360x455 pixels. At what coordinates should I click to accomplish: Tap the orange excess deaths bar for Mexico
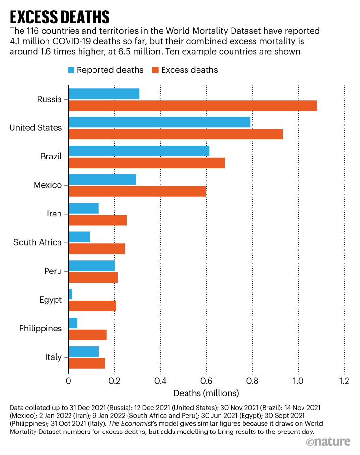point(137,191)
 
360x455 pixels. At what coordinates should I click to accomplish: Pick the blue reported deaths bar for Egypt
point(70,294)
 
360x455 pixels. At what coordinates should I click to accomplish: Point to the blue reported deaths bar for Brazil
point(139,151)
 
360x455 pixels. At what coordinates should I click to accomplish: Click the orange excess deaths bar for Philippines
point(88,334)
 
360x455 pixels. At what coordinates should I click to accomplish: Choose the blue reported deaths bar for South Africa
point(79,237)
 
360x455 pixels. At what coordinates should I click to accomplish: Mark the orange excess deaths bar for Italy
point(87,363)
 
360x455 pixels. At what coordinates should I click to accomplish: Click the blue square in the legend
point(71,70)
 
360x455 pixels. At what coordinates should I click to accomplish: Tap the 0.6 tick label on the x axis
point(206,381)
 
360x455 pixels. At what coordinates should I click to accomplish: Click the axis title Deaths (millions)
point(206,394)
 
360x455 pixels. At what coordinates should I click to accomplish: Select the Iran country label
point(55,214)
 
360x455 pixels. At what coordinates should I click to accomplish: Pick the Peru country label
point(53,271)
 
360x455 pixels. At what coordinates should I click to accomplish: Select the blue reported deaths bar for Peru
point(92,265)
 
